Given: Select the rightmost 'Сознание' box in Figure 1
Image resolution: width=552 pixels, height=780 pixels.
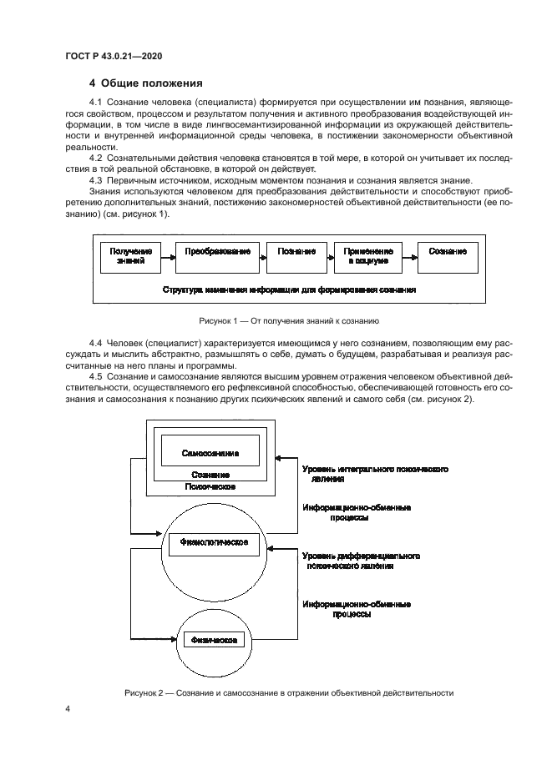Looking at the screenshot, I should pos(447,256).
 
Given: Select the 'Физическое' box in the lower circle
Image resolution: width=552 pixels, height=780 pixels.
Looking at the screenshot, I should pos(212,641).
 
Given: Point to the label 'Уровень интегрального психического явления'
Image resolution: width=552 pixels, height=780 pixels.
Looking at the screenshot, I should pos(375,475).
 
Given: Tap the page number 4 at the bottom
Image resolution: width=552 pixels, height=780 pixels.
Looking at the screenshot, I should pos(67,708).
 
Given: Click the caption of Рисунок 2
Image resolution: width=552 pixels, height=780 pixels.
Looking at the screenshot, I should pos(290,692).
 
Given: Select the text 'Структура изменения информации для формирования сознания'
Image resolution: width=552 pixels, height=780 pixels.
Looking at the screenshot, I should pos(290,290).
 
